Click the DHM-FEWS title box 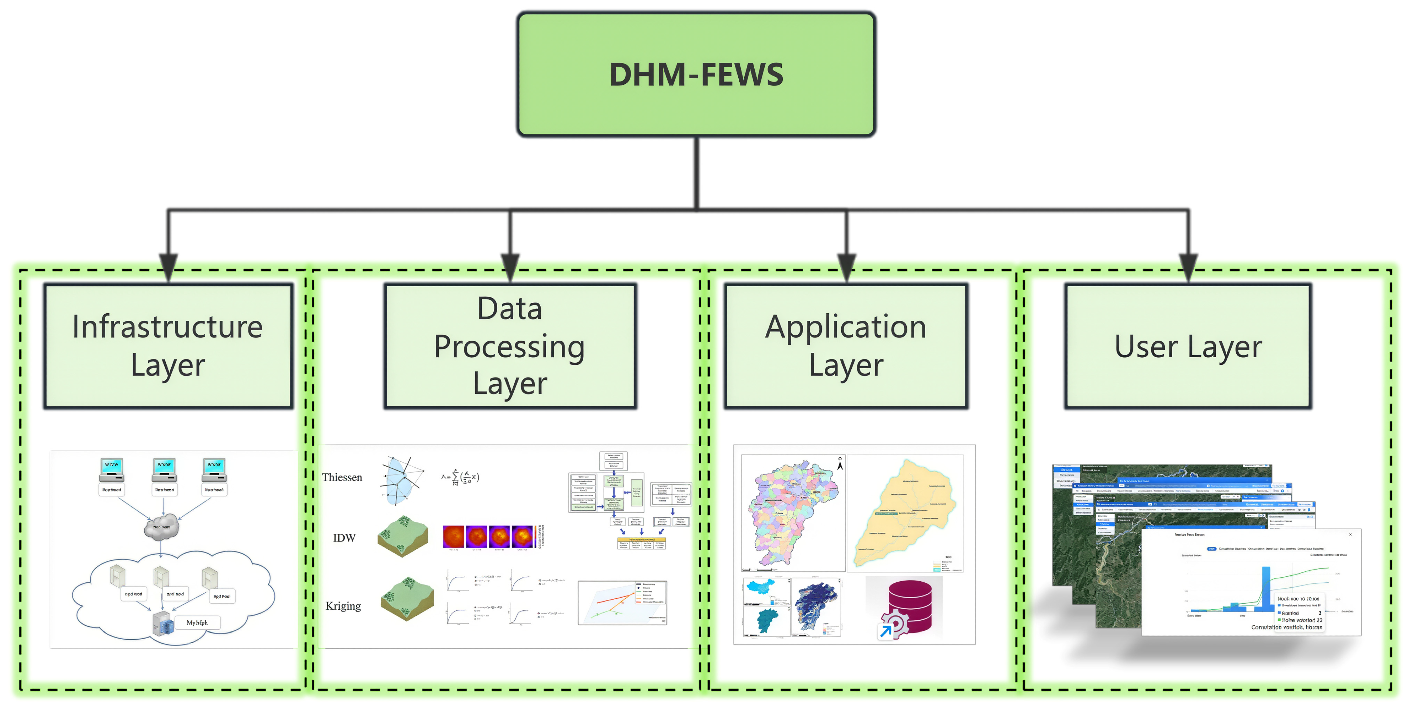point(696,74)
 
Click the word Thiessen point(342,477)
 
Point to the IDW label point(344,538)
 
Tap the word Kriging point(343,605)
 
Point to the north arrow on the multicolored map point(840,463)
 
